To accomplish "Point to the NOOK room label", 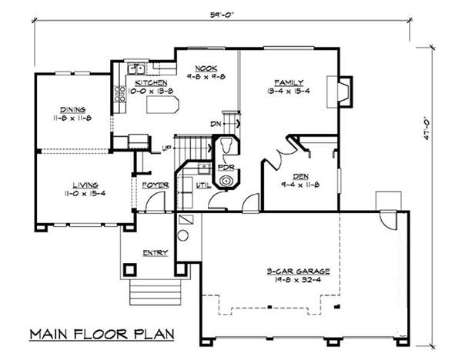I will tap(205, 67).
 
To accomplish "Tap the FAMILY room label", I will tap(289, 82).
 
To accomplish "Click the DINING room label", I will tap(73, 109).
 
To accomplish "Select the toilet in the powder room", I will tap(226, 145).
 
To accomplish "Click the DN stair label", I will tap(216, 123).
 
